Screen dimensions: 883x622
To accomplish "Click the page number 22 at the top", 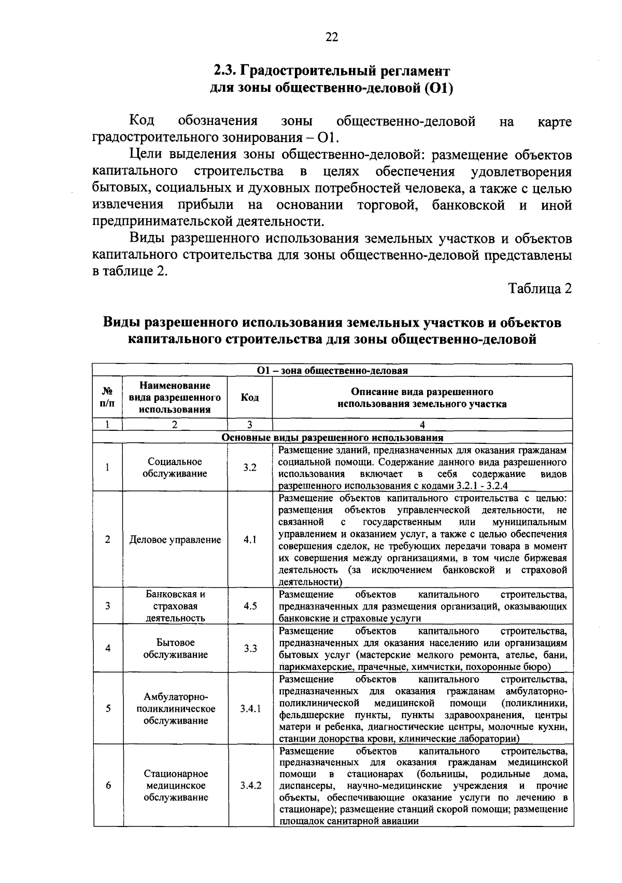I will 332,37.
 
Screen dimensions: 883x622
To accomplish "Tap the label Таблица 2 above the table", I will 540,288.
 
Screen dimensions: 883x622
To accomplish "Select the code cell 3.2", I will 250,467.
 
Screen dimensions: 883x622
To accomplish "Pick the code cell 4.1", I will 250,539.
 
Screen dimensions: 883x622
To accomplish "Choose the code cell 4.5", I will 250,606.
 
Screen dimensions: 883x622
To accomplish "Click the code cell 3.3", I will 250,648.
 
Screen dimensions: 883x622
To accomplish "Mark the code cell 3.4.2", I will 250,785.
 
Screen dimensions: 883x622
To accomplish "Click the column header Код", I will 250,398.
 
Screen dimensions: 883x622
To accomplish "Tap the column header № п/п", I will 107,398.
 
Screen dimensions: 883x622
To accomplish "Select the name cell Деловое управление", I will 175,540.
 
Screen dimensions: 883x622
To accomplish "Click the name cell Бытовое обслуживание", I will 175,648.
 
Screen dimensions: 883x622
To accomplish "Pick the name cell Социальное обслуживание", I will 175,467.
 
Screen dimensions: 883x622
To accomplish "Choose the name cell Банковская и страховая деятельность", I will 175,606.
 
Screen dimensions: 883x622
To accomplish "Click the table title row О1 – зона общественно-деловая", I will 332,370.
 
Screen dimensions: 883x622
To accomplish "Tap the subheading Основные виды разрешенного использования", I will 332,438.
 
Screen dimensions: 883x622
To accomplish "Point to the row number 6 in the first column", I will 108,785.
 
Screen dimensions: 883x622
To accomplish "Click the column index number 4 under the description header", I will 422,425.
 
